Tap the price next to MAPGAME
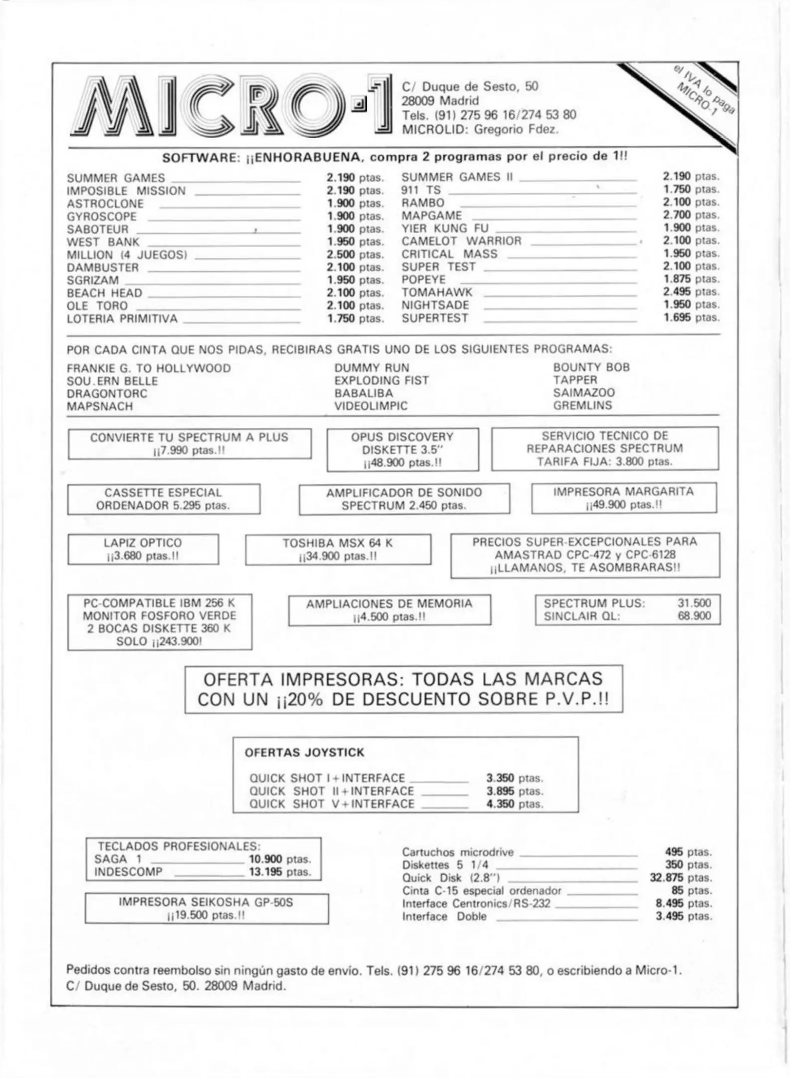tap(691, 215)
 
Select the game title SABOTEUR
tap(98, 230)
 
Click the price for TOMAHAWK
tap(691, 292)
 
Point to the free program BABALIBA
tap(364, 393)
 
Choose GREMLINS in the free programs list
tap(582, 406)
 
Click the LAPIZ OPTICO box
tap(143, 549)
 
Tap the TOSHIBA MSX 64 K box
tap(338, 549)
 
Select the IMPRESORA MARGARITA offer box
tap(623, 498)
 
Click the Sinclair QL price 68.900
tap(694, 616)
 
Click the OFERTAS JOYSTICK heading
tap(304, 753)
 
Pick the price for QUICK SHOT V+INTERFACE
tap(514, 804)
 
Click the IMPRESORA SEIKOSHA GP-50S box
tap(206, 908)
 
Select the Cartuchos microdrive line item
tap(458, 852)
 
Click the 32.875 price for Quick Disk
tap(680, 878)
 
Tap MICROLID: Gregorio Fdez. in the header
tap(480, 130)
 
